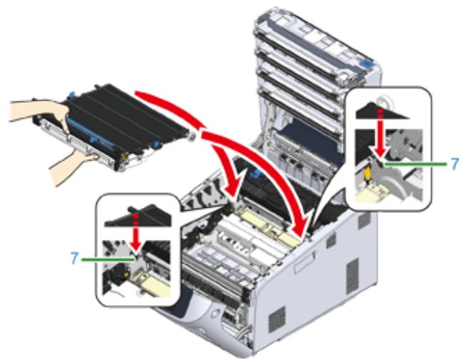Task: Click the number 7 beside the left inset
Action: [x=75, y=259]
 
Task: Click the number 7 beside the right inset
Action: [x=455, y=164]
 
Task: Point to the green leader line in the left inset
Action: [x=109, y=259]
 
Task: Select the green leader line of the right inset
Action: [x=415, y=164]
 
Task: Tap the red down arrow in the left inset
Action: [x=136, y=234]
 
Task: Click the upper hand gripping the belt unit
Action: [x=41, y=111]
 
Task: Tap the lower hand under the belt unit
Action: [x=74, y=167]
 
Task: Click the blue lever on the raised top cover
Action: [x=367, y=61]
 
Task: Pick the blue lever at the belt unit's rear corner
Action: [x=71, y=95]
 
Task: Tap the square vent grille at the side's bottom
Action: [x=276, y=319]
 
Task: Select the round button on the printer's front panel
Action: [x=215, y=313]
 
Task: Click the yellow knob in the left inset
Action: [x=126, y=274]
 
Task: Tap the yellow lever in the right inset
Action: [x=366, y=174]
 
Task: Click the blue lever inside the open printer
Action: [x=255, y=173]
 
